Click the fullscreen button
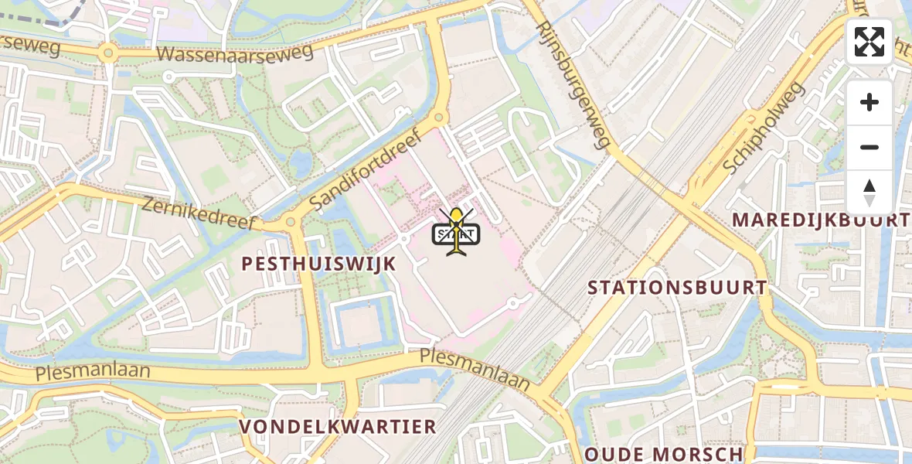click(x=869, y=42)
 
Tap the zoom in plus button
click(x=869, y=102)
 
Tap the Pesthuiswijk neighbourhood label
click(x=318, y=264)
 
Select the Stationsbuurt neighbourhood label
click(x=677, y=288)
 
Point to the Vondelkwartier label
click(x=338, y=426)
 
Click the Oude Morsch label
click(x=664, y=453)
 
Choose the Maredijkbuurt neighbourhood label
click(x=821, y=220)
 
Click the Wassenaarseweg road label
click(x=235, y=53)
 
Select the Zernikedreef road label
click(x=198, y=213)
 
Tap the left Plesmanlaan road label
click(x=93, y=372)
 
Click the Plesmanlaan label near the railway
click(x=475, y=369)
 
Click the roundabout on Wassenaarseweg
click(x=107, y=53)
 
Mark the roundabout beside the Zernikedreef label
click(x=291, y=222)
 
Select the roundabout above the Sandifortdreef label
click(x=439, y=118)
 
